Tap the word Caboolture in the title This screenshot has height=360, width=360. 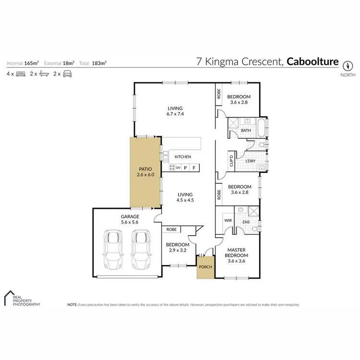point(313,62)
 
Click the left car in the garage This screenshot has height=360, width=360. point(114,251)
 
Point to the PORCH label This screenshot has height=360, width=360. point(206,267)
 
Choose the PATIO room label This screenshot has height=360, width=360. point(145,169)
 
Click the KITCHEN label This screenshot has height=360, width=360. point(183,157)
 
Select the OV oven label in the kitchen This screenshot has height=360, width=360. point(178,168)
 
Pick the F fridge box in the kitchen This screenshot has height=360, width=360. point(194,168)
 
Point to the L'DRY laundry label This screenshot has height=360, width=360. point(250,161)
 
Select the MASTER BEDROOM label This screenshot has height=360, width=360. point(237,252)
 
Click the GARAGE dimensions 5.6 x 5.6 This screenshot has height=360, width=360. point(130,223)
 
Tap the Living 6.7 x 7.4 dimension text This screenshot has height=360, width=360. point(175,114)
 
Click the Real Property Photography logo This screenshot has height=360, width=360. point(22,299)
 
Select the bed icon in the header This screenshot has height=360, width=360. point(21,74)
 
